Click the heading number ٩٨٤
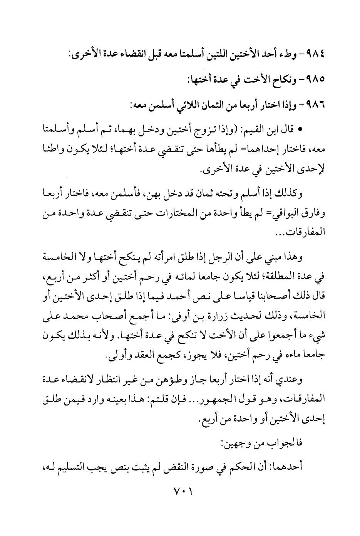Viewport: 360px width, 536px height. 317,53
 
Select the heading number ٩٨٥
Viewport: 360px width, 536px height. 317,79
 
